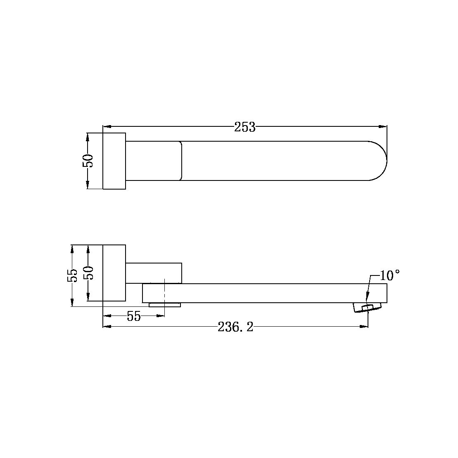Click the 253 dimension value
tap(245, 127)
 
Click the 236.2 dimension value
tap(235, 327)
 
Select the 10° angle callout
tap(389, 275)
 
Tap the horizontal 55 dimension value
tap(134, 317)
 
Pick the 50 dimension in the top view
tap(88, 161)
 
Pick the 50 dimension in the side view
tap(89, 273)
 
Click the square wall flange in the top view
tap(114, 161)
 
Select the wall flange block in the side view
tap(114, 273)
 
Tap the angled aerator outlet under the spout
tap(368, 308)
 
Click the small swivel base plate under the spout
tap(165, 305)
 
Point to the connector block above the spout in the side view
tap(154, 273)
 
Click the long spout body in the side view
tap(264, 293)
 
